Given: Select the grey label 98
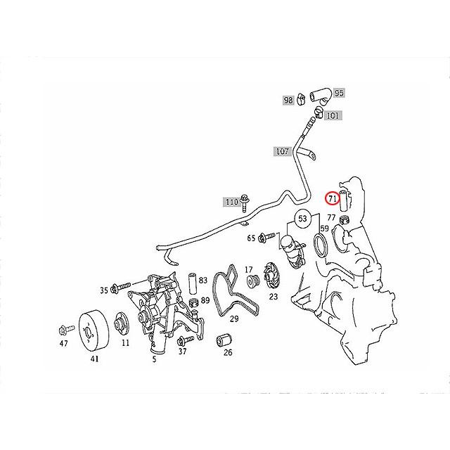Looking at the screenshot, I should pos(288,101).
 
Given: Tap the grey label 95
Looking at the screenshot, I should pos(339,93).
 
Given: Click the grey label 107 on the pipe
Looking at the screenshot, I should pos(282,150).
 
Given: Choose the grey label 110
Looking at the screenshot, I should pos(231,202).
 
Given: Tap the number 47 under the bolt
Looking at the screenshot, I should pos(63,345).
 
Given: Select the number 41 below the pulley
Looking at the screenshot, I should pos(94,359).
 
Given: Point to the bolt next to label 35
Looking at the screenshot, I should pos(122,288).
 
